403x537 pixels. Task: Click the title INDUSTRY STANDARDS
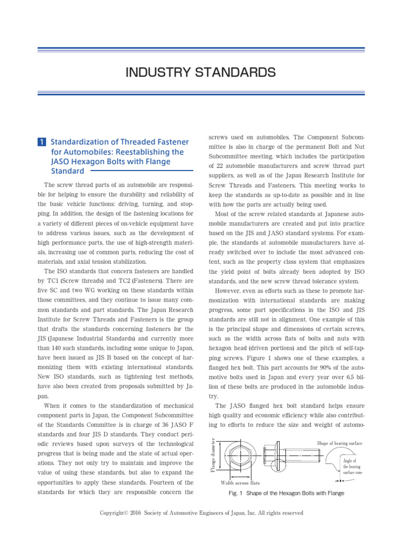[201, 72]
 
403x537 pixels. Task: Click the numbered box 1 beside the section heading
[41, 142]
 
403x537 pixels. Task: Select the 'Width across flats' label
[240, 482]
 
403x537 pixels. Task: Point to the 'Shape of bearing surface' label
[340, 443]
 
